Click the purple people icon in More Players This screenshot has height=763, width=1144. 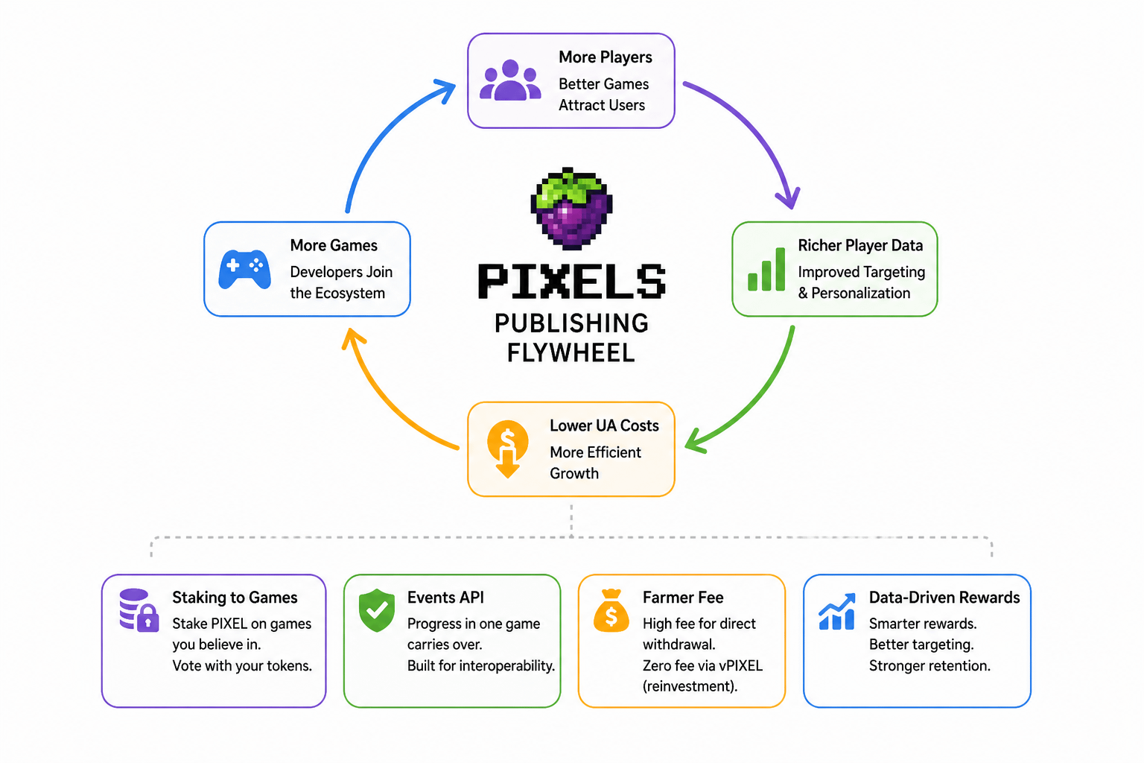tap(510, 80)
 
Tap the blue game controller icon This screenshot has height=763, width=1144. tap(244, 269)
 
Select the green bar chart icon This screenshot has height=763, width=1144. tap(766, 270)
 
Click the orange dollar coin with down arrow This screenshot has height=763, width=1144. tap(507, 448)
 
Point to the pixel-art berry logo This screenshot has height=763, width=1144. tap(571, 208)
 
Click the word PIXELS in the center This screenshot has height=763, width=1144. tap(571, 282)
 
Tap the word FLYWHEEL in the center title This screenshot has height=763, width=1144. tap(571, 352)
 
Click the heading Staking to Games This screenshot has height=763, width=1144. tap(235, 598)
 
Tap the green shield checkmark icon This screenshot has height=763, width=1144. tap(377, 610)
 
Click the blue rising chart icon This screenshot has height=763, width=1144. tap(836, 612)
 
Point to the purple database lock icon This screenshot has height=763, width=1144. tap(139, 610)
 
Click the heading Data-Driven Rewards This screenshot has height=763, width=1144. tap(944, 598)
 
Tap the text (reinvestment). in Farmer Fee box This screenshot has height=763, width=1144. tap(690, 686)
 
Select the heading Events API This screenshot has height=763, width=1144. tap(445, 598)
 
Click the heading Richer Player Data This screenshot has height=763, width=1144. tap(860, 246)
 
